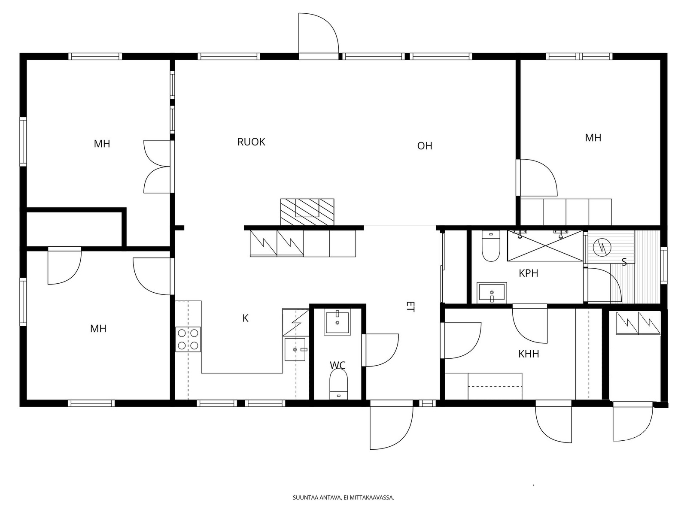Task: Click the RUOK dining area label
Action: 251,142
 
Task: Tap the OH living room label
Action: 424,146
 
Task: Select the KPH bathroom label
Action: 528,273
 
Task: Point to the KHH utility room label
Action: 529,354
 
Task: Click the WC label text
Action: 337,365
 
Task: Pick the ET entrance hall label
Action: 410,306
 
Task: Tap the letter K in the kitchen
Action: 245,318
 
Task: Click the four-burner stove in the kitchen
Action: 188,339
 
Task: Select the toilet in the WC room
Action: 338,384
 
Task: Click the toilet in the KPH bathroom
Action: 491,246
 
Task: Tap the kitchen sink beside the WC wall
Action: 295,349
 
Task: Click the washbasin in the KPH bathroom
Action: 491,293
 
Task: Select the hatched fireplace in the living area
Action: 307,212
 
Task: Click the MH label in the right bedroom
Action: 593,138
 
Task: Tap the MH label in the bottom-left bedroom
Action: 98,329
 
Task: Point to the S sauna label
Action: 624,262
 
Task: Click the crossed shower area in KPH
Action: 545,246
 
